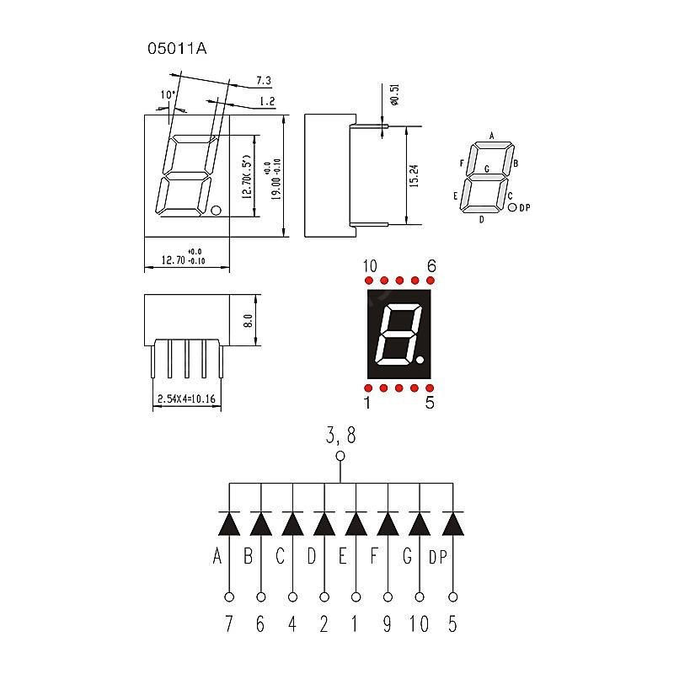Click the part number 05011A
point(177,48)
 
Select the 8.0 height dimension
point(248,320)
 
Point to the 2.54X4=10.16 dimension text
point(186,399)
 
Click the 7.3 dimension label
point(263,81)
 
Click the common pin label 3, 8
point(340,436)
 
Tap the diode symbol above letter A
point(228,523)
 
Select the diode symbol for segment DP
point(453,523)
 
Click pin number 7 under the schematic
point(228,624)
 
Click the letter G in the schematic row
point(408,556)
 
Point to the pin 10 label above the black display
point(370,267)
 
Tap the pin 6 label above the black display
point(431,267)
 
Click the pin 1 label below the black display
point(367,404)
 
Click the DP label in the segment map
point(526,208)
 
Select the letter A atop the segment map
point(491,136)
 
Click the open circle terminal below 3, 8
point(340,457)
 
